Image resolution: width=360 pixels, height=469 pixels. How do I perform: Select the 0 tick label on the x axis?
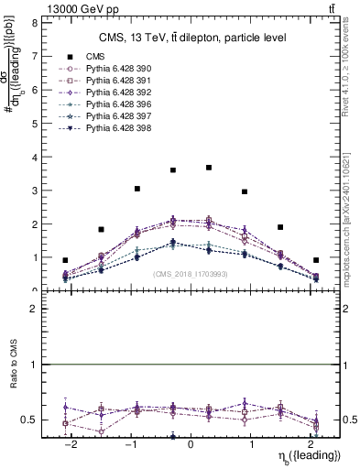click(191, 444)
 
